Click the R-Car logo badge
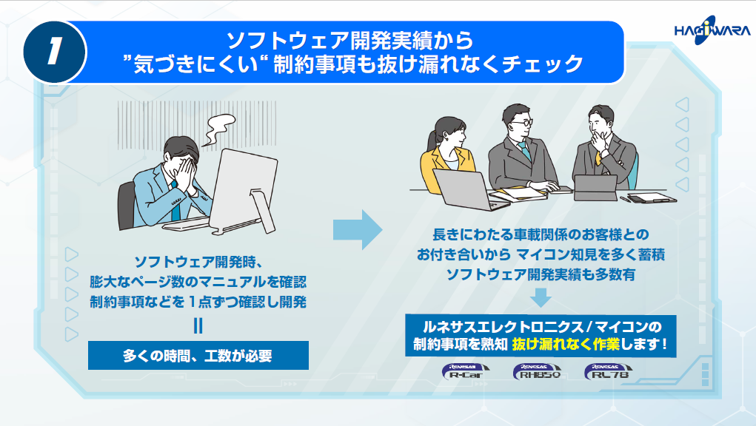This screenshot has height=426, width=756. click(463, 372)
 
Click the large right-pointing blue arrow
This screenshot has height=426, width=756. click(356, 230)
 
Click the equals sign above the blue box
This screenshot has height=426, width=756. click(198, 325)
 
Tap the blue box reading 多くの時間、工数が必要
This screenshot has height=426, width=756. click(198, 355)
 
